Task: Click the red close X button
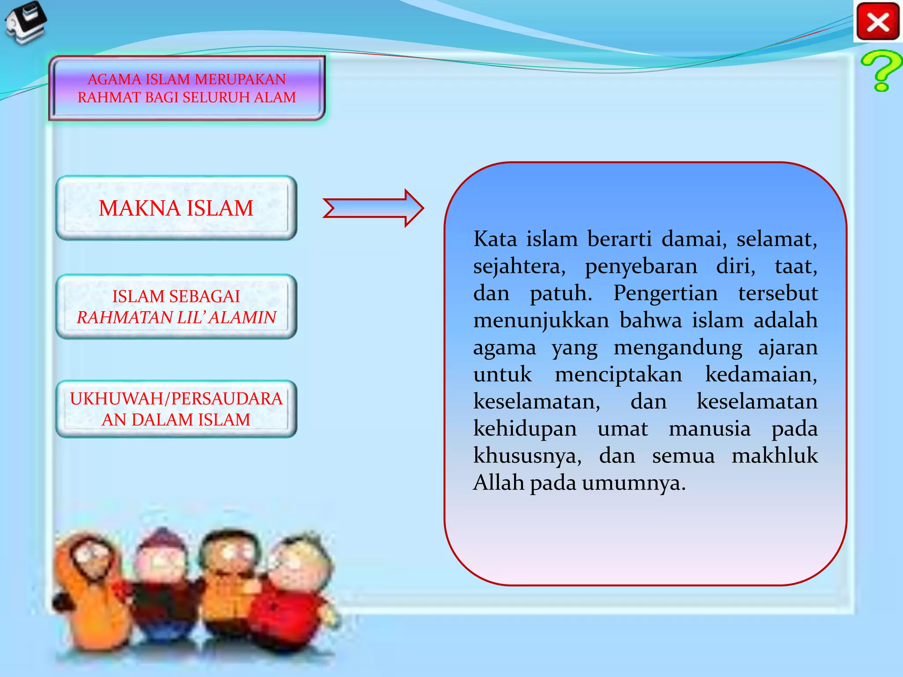pos(877,22)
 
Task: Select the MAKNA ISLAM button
pos(176,208)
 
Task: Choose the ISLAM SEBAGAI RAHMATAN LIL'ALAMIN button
pos(176,307)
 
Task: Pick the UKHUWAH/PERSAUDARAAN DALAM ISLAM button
pos(176,409)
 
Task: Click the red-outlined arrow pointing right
pos(373,208)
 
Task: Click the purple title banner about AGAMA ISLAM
pos(187,88)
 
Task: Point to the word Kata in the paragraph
pos(495,239)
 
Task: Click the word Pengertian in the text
pos(665,293)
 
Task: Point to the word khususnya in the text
pos(527,456)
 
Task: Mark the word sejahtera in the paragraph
pos(519,267)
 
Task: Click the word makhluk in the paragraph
pos(775,455)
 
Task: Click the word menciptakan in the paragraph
pos(618,375)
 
